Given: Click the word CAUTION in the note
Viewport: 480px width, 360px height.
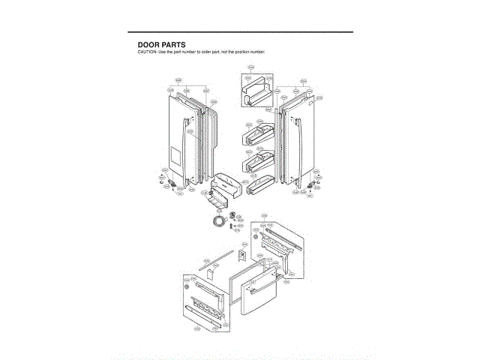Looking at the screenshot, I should click(146, 52).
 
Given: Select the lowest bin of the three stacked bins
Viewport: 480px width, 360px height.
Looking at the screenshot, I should click(259, 182).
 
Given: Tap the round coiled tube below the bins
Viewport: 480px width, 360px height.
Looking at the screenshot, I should click(218, 223).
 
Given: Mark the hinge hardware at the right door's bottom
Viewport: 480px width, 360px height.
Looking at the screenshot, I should click(310, 184).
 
